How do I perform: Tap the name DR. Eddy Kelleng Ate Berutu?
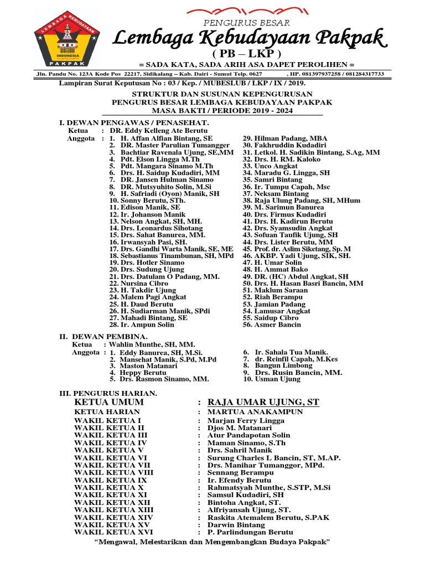(157, 130)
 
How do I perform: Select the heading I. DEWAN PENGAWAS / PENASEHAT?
(134, 122)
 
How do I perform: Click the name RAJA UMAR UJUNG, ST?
(263, 402)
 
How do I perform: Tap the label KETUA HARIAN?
(107, 412)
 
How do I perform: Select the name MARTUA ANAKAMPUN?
(255, 412)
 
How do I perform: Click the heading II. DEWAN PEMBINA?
(103, 336)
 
